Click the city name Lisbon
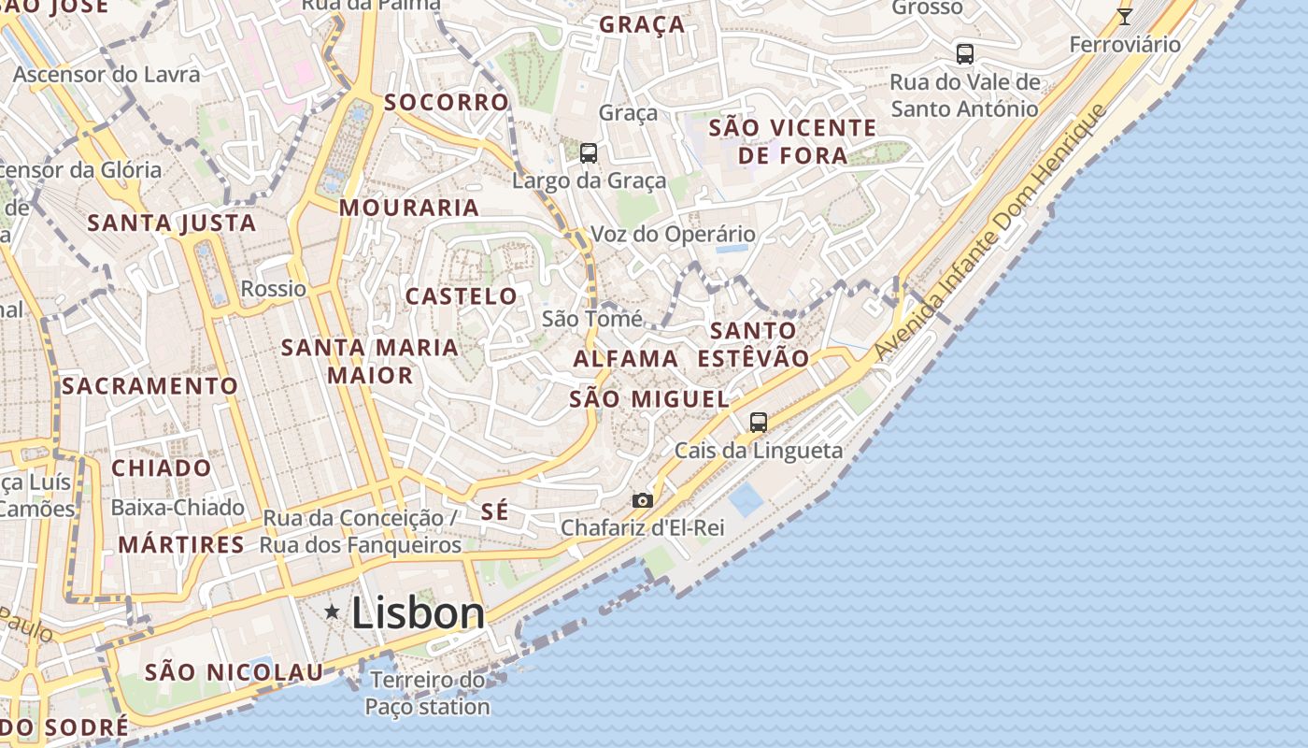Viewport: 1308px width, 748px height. tap(418, 613)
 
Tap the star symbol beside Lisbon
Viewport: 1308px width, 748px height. tap(332, 611)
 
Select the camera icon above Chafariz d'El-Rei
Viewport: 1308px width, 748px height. tap(642, 501)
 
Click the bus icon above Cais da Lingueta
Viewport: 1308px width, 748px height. tap(758, 423)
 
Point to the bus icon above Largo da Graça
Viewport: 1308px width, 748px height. tap(588, 153)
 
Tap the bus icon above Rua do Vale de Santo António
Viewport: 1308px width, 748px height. tap(964, 54)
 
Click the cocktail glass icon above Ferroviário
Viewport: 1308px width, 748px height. tap(1125, 17)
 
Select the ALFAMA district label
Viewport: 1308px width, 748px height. tap(625, 358)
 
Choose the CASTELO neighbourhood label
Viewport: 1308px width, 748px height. tap(461, 296)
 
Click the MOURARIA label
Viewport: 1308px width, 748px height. tap(408, 208)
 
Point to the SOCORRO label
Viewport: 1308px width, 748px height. tap(447, 102)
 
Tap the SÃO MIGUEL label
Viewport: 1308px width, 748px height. tap(649, 399)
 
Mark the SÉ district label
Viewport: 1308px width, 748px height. tap(495, 511)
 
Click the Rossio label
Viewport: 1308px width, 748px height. tap(274, 289)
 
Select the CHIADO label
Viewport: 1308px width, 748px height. tap(162, 467)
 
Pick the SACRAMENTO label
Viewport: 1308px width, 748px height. tap(150, 385)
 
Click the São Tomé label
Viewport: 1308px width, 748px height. tap(592, 319)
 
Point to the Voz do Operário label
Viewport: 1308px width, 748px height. tap(673, 234)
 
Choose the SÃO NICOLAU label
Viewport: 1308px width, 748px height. tap(234, 672)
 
